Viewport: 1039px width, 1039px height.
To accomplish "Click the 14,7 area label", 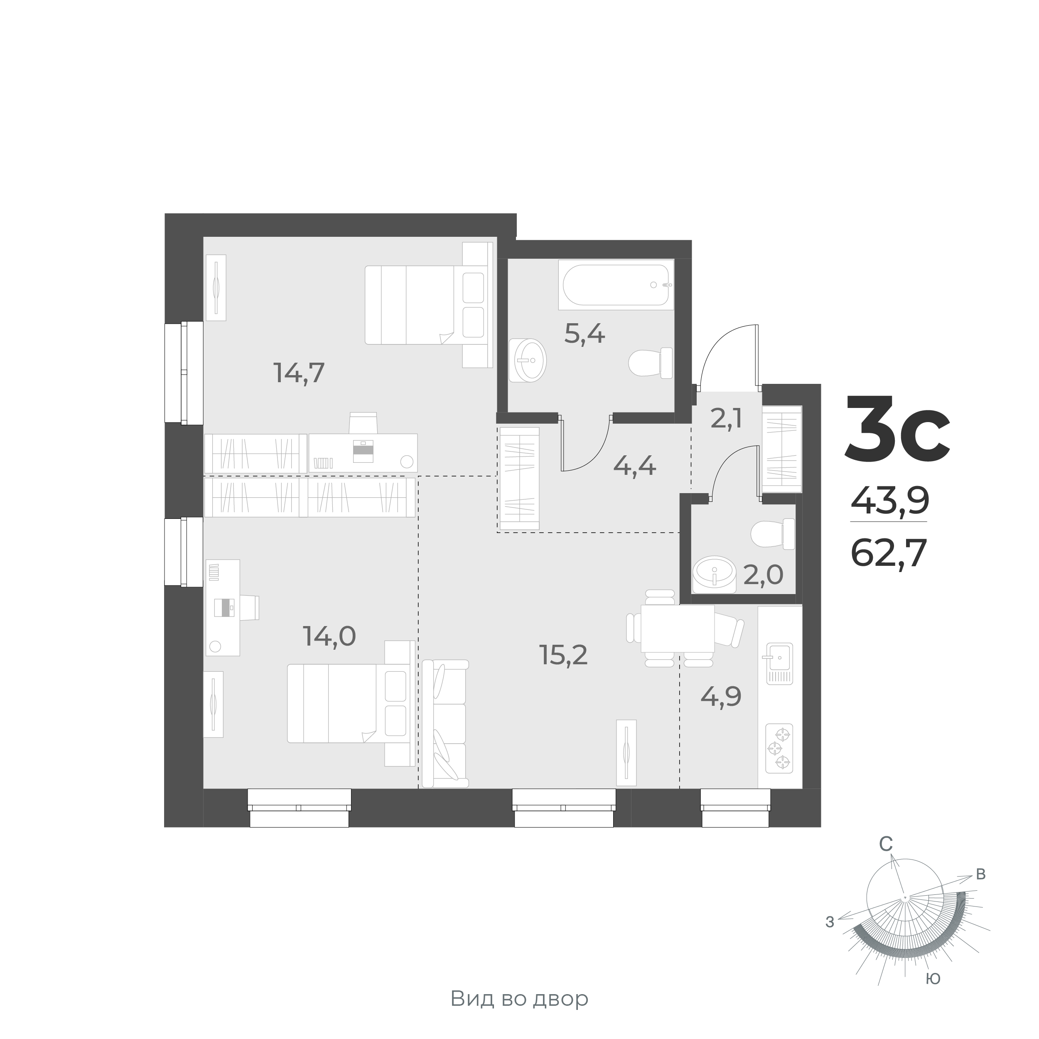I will coord(299,373).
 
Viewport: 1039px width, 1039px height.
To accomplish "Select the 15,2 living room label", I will coord(563,655).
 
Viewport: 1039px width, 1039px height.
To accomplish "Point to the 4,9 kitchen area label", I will coord(721,697).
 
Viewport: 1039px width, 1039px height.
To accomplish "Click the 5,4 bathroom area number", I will coord(584,334).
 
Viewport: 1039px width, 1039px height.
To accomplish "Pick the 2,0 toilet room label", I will coord(763,575).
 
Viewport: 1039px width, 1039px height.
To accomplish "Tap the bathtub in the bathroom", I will coord(615,285).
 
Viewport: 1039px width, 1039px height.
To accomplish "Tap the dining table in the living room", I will coord(677,628).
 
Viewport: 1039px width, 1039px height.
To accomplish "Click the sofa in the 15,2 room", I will coord(446,724).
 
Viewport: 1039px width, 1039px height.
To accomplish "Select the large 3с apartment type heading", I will coord(897,431).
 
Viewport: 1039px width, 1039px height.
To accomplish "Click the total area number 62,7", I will coord(889,553).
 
